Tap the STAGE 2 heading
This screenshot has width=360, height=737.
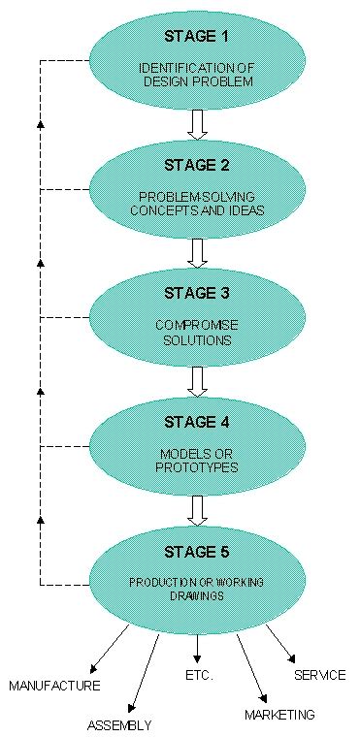pyautogui.click(x=197, y=165)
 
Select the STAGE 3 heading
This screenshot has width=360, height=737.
pyautogui.click(x=197, y=293)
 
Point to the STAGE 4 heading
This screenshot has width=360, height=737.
pyautogui.click(x=198, y=422)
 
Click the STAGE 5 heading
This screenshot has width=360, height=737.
pyautogui.click(x=198, y=553)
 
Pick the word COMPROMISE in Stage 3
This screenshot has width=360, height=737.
pyautogui.click(x=197, y=324)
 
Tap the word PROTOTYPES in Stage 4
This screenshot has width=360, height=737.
pyautogui.click(x=197, y=467)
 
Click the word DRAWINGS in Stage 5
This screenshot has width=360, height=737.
pyautogui.click(x=198, y=596)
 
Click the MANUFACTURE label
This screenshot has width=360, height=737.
pyautogui.click(x=54, y=686)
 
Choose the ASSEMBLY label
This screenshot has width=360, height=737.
pyautogui.click(x=119, y=724)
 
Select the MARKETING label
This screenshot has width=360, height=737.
pyautogui.click(x=279, y=715)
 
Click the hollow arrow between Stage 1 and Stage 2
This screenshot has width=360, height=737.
pyautogui.click(x=198, y=124)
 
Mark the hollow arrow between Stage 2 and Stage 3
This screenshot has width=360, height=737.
pyautogui.click(x=198, y=252)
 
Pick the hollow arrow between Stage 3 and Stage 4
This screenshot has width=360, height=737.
pyautogui.click(x=198, y=380)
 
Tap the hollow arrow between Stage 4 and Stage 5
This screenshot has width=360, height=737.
pyautogui.click(x=198, y=510)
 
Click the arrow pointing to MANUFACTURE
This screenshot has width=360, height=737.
pyautogui.click(x=109, y=649)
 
